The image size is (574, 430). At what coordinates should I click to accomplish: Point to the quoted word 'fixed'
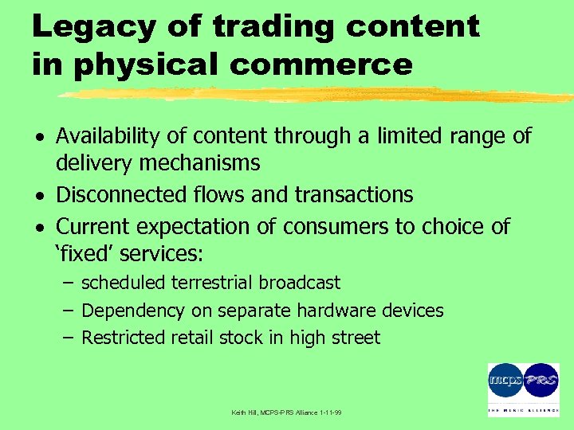pos(88,255)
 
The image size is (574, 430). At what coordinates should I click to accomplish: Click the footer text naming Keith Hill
pos(286,412)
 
